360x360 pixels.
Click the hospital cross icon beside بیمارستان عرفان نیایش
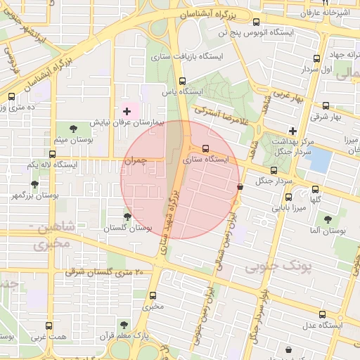[x=127, y=111]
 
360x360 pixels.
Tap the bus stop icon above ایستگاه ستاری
[x=205, y=148]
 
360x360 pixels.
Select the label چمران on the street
[x=135, y=161]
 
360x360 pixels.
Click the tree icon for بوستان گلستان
[x=127, y=217]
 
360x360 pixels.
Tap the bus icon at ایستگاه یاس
[x=183, y=81]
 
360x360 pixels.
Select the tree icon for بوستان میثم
[x=74, y=127]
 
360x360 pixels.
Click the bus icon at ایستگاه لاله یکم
[x=52, y=153]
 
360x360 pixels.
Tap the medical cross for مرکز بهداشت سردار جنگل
[x=292, y=130]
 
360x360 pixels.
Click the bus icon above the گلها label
[x=315, y=188]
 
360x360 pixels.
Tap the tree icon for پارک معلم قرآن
[x=124, y=324]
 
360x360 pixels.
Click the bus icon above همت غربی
[x=49, y=325]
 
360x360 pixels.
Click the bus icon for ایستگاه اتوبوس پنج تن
[x=257, y=22]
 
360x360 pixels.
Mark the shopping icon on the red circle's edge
[x=240, y=187]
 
